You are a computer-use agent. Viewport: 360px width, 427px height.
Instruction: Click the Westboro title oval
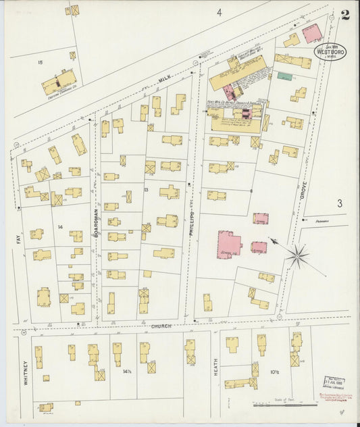click(330, 52)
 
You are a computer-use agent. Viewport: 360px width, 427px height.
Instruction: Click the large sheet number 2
click(345, 15)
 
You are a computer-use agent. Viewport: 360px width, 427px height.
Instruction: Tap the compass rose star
click(297, 255)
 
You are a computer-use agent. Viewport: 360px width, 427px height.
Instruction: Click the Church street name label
click(161, 326)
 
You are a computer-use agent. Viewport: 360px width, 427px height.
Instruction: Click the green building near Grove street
click(285, 76)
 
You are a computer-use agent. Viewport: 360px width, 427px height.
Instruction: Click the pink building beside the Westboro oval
click(311, 33)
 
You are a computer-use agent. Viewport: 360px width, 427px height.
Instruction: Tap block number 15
click(41, 63)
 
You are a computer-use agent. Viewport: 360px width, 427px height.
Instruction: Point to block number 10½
click(275, 372)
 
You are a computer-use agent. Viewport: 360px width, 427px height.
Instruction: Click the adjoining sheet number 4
click(219, 12)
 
